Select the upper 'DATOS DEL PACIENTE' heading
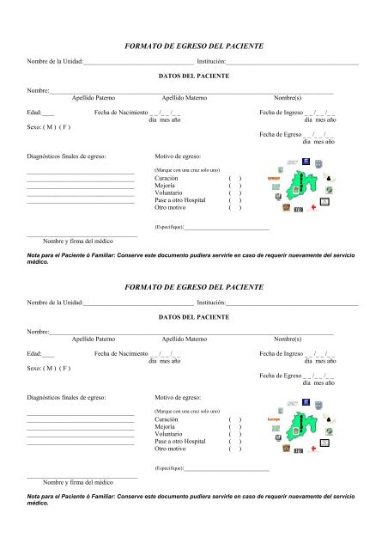pyautogui.click(x=194, y=76)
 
